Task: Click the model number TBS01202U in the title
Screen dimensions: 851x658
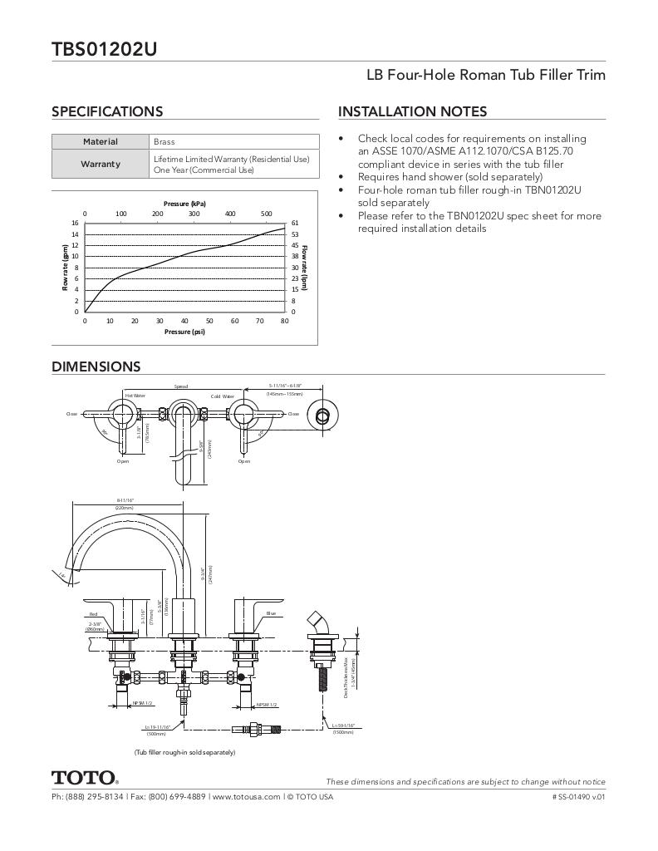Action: (104, 49)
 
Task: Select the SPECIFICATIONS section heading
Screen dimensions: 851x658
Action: (107, 111)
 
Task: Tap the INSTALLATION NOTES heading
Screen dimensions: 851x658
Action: (412, 111)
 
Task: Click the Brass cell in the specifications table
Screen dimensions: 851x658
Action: (164, 142)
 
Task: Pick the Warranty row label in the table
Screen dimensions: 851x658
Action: (101, 164)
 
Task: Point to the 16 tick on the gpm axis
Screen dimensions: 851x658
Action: (75, 223)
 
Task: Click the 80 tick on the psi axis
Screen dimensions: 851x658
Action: (284, 321)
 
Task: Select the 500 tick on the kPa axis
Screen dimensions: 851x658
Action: (267, 214)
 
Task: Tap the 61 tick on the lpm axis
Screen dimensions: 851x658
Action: (295, 223)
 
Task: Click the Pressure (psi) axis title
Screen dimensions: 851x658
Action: (184, 332)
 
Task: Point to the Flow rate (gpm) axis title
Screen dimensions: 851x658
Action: (64, 268)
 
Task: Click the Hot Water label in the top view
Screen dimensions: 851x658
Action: (135, 396)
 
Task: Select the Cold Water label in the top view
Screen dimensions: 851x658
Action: (223, 396)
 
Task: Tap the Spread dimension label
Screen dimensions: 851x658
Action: (181, 386)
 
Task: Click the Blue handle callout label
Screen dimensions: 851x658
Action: (271, 613)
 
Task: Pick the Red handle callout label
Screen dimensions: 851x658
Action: (93, 614)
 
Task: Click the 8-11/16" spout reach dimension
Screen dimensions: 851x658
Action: (125, 500)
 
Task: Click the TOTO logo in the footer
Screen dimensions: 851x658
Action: (85, 779)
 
